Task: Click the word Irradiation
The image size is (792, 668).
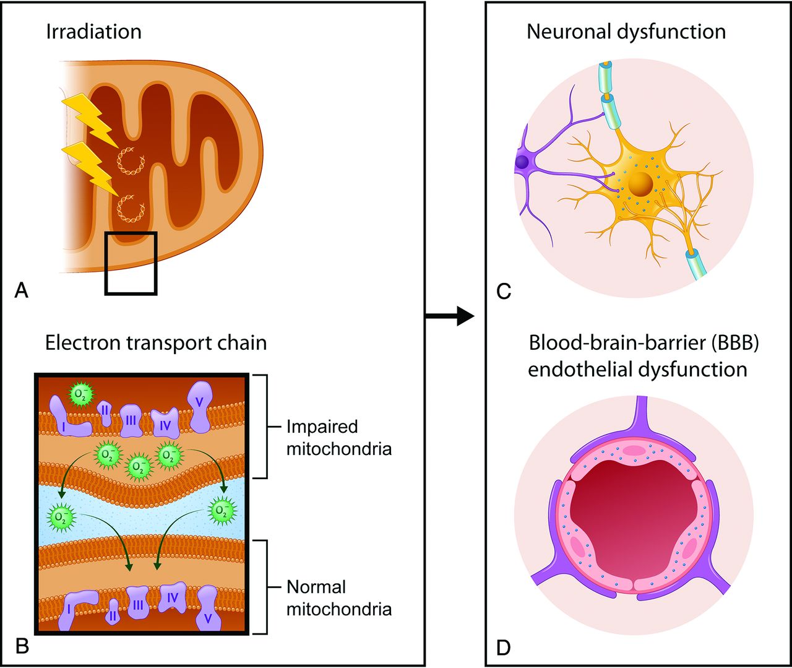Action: point(93,32)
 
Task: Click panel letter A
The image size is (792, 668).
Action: point(21,290)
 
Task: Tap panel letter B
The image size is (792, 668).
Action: point(22,646)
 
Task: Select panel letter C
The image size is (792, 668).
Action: point(504,290)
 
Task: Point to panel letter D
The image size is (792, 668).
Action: point(504,648)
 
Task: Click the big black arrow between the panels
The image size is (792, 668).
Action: point(450,316)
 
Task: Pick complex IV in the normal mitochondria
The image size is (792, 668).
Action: point(173,598)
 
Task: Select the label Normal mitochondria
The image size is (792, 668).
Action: point(338,598)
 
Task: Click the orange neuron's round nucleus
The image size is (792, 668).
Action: point(639,184)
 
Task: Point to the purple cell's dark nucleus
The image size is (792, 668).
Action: point(522,162)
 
